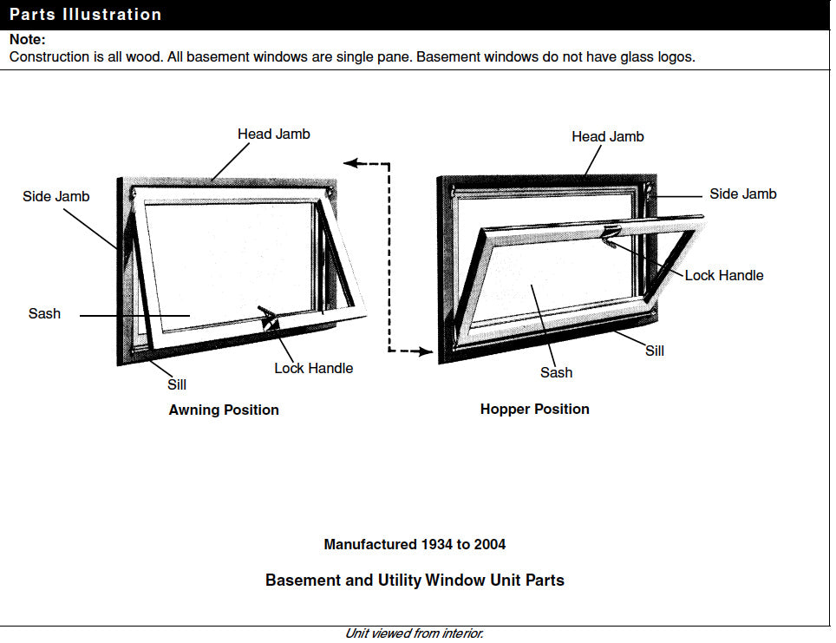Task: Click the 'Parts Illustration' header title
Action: click(x=85, y=15)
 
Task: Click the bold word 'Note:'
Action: click(x=27, y=40)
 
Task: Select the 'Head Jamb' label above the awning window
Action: click(x=273, y=134)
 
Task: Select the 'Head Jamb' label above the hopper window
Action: click(x=607, y=136)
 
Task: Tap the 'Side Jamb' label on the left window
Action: click(x=56, y=196)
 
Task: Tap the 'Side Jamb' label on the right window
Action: click(x=742, y=194)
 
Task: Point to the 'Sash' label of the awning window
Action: click(x=44, y=313)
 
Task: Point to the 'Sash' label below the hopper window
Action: click(x=556, y=372)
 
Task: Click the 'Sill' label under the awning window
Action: click(x=176, y=384)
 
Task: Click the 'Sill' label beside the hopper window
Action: click(x=654, y=351)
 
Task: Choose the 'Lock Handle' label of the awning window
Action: click(x=313, y=368)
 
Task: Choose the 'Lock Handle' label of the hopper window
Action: click(x=723, y=275)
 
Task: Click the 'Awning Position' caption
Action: click(x=224, y=410)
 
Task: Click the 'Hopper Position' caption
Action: click(x=534, y=409)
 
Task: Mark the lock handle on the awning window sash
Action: click(x=268, y=317)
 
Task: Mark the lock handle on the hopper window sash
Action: click(x=610, y=233)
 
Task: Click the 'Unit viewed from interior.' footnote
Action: click(x=414, y=633)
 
